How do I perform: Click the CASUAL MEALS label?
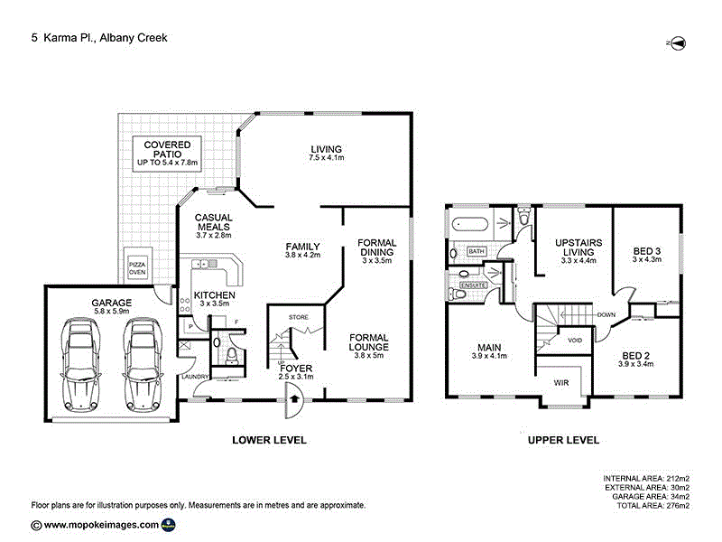pos(214,226)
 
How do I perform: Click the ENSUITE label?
pos(474,285)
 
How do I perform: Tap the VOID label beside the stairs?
pos(574,341)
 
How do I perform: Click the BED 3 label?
pos(646,254)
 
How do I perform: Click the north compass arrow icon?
pos(679,42)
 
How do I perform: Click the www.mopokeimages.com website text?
pos(101,524)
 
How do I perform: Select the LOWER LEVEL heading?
pos(269,440)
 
